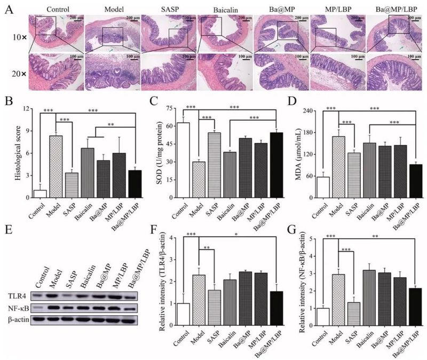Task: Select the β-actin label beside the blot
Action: point(18,319)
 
